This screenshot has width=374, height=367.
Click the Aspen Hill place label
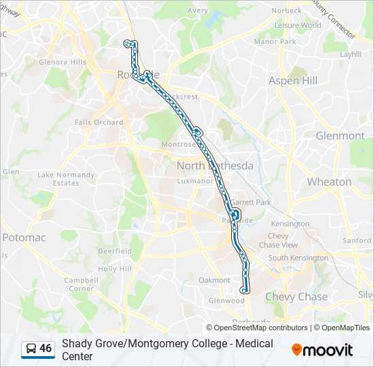point(293,81)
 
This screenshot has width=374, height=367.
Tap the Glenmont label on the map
point(340,136)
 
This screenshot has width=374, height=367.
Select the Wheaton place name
point(329,182)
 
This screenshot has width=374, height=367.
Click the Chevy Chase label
point(296,297)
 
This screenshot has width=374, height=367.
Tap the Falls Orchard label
point(99,123)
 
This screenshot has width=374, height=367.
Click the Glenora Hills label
point(62,63)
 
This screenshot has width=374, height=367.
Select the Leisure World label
point(298,26)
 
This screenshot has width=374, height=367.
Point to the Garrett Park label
point(250,203)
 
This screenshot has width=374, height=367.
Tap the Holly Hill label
point(114,269)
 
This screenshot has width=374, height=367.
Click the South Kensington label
point(298,258)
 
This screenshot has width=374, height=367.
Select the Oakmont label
point(214,280)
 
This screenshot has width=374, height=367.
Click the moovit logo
point(322,350)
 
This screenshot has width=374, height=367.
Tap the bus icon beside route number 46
point(31,349)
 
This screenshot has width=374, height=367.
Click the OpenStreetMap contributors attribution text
point(260,328)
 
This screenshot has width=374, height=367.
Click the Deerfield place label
point(114,251)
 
